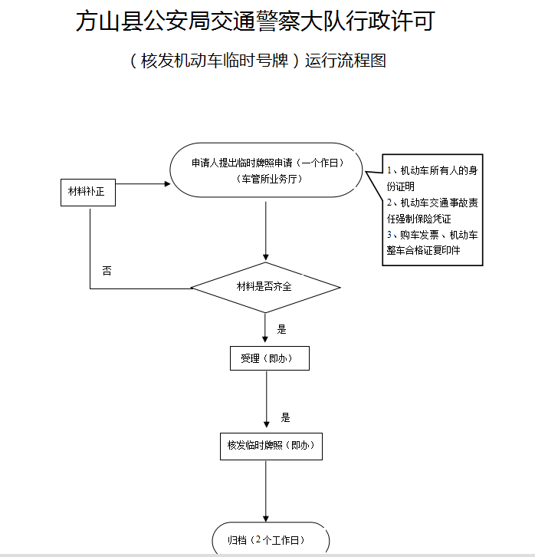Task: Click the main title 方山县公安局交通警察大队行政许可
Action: (255, 21)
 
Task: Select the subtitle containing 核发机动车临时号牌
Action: (258, 61)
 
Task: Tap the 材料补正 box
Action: (88, 193)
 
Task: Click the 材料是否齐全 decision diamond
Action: (265, 287)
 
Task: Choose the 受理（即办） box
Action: (269, 358)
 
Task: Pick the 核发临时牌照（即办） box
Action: (271, 446)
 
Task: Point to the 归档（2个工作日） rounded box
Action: (271, 541)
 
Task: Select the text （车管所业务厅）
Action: (265, 179)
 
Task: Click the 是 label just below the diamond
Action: (281, 329)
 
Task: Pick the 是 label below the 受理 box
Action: (285, 418)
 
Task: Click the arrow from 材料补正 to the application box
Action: (142, 184)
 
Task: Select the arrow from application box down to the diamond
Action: (265, 230)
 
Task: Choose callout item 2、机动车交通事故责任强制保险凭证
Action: (433, 210)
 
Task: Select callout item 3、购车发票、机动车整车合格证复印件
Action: (433, 242)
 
